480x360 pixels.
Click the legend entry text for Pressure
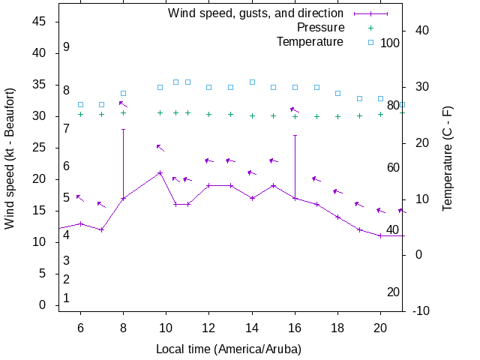pos(320,27)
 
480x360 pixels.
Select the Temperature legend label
pos(310,41)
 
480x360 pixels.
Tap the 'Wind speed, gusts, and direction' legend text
pos(256,13)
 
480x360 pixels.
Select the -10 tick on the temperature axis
pos(421,310)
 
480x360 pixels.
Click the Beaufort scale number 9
pos(67,46)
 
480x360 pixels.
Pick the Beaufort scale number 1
pos(67,298)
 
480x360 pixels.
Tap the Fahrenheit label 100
pos(390,43)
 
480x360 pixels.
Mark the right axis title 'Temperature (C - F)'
pos(447,157)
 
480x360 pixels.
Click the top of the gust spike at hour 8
pos(123,129)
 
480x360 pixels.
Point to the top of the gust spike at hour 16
pos(295,136)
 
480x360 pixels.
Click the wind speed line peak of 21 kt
pos(160,173)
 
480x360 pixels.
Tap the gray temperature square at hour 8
pos(123,93)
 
